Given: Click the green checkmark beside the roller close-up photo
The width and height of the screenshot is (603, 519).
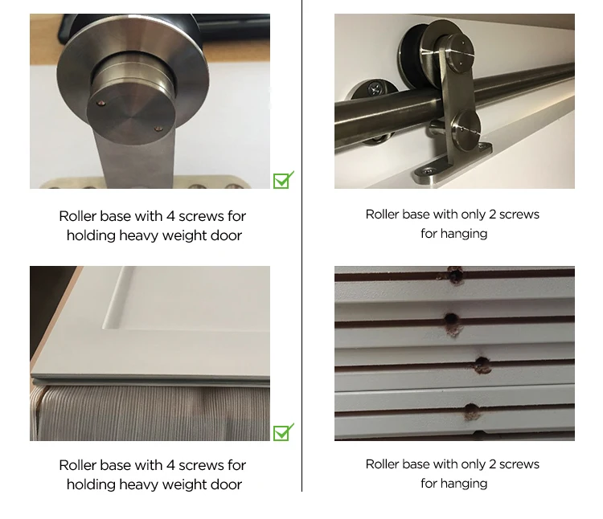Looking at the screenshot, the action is coord(283,180).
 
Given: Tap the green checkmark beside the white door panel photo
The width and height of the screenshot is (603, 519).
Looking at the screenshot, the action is coord(283,432).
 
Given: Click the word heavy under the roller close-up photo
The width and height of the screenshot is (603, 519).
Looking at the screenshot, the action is coord(139,235).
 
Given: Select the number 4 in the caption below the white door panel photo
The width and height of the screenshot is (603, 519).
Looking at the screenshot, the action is coord(170,465).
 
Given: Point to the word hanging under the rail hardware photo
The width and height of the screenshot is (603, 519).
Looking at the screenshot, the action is coord(465,234).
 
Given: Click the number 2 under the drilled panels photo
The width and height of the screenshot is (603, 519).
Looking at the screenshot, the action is coord(492,464).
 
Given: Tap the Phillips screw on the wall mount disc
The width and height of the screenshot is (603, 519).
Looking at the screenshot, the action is coord(375,91).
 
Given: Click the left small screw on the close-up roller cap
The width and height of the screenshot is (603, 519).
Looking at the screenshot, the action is coord(101,103).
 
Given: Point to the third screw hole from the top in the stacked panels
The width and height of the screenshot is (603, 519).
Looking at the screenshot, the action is coord(482,364).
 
